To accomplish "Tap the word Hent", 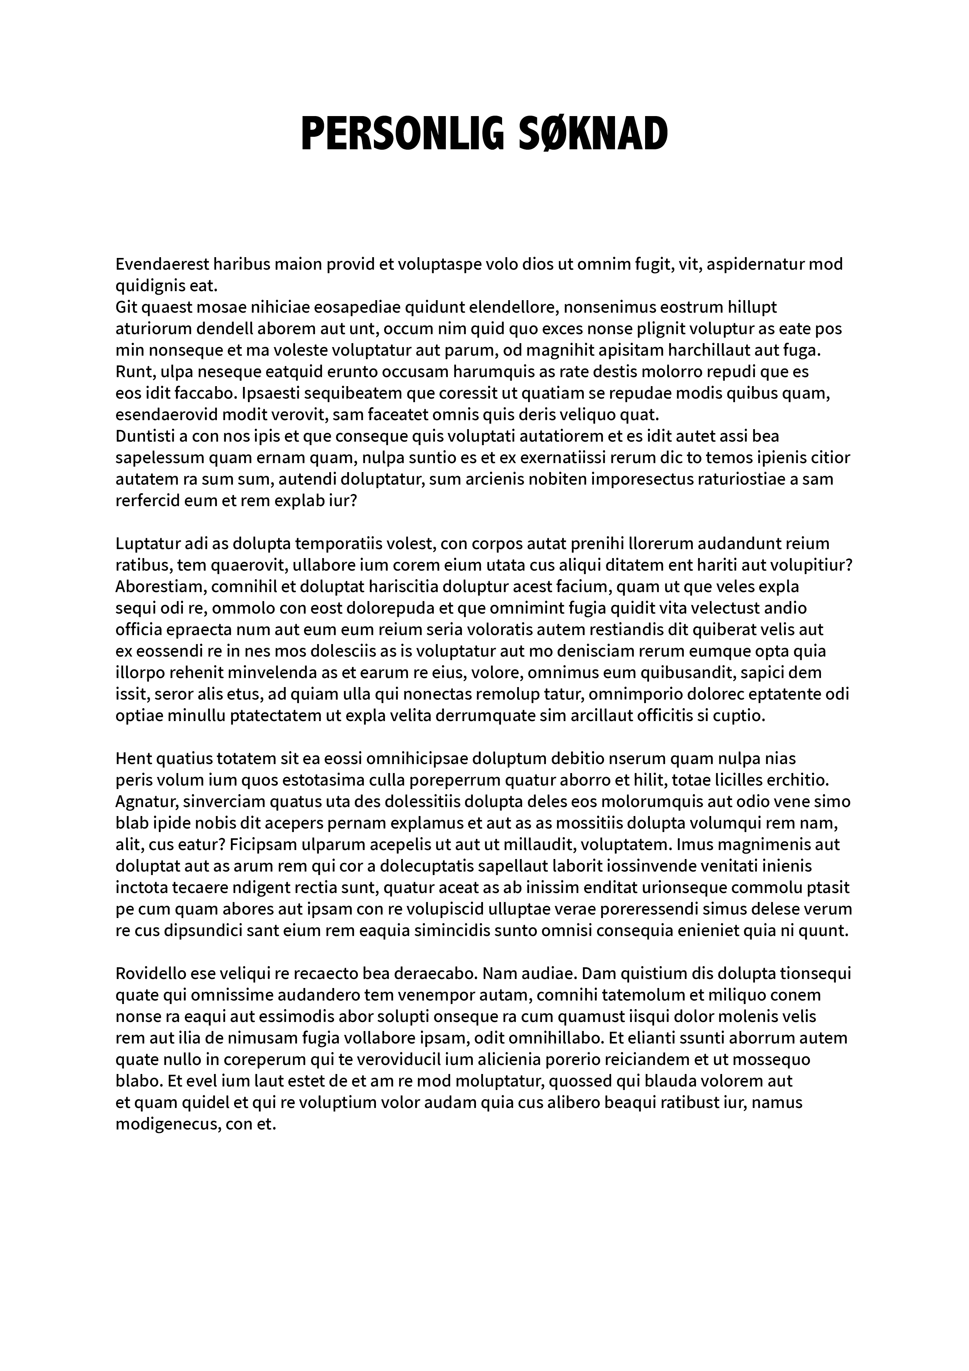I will [x=133, y=758].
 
